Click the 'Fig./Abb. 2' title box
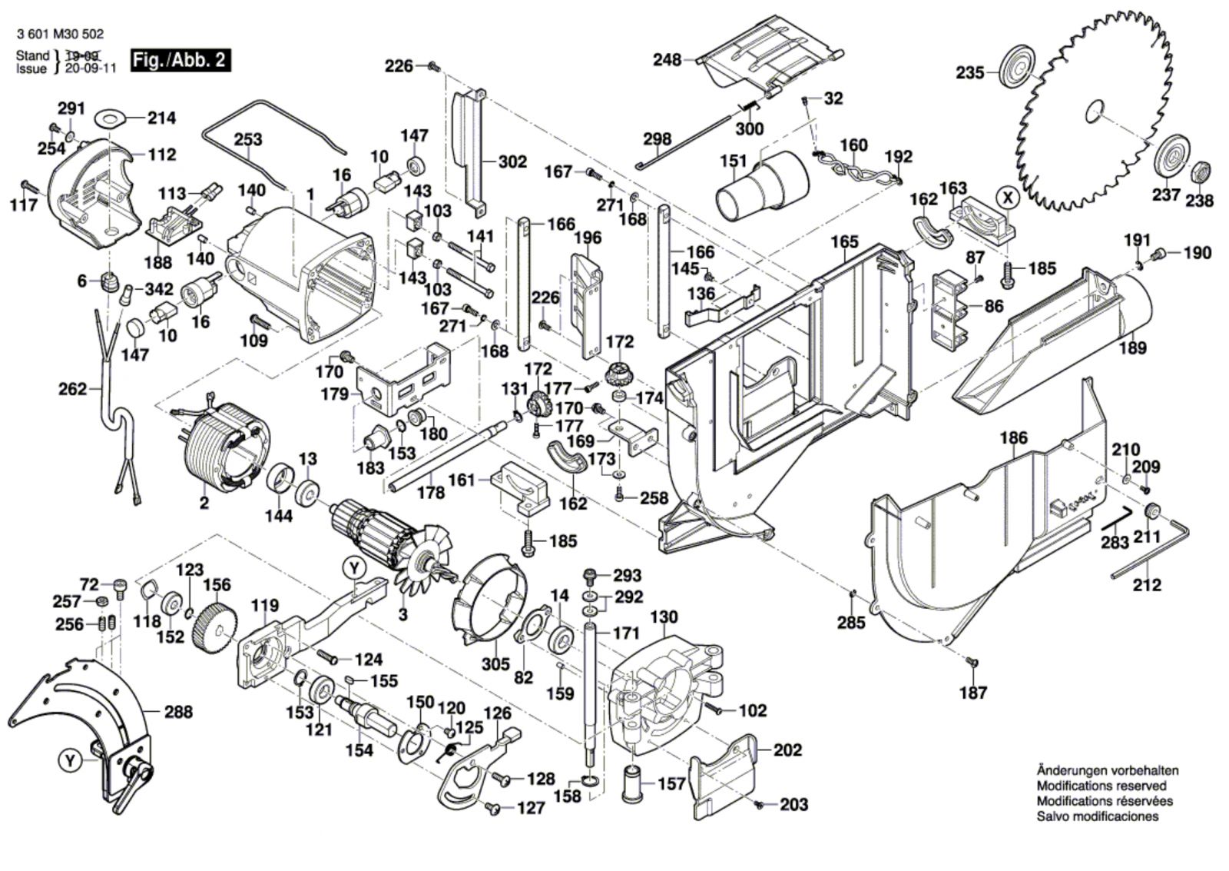point(180,60)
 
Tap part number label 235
point(970,73)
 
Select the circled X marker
point(1009,198)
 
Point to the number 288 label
point(178,712)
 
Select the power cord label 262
point(73,389)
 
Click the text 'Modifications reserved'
point(1101,786)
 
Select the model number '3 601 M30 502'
point(59,35)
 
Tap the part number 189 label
point(1132,347)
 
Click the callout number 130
point(664,617)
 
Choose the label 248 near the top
point(667,59)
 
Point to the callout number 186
point(1013,439)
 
